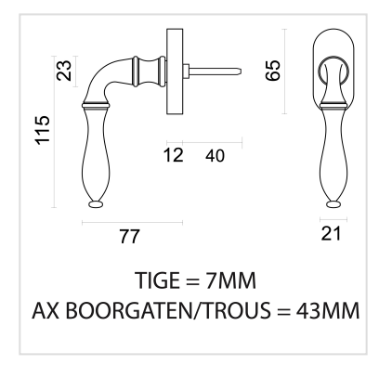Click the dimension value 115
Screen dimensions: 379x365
43,130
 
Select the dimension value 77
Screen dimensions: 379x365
130,237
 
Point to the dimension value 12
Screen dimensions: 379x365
174,155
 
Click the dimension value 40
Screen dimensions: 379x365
215,155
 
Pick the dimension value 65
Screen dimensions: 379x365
273,71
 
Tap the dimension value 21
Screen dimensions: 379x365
331,233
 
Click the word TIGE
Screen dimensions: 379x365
158,280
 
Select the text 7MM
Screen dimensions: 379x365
231,280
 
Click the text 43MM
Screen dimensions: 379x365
328,310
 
